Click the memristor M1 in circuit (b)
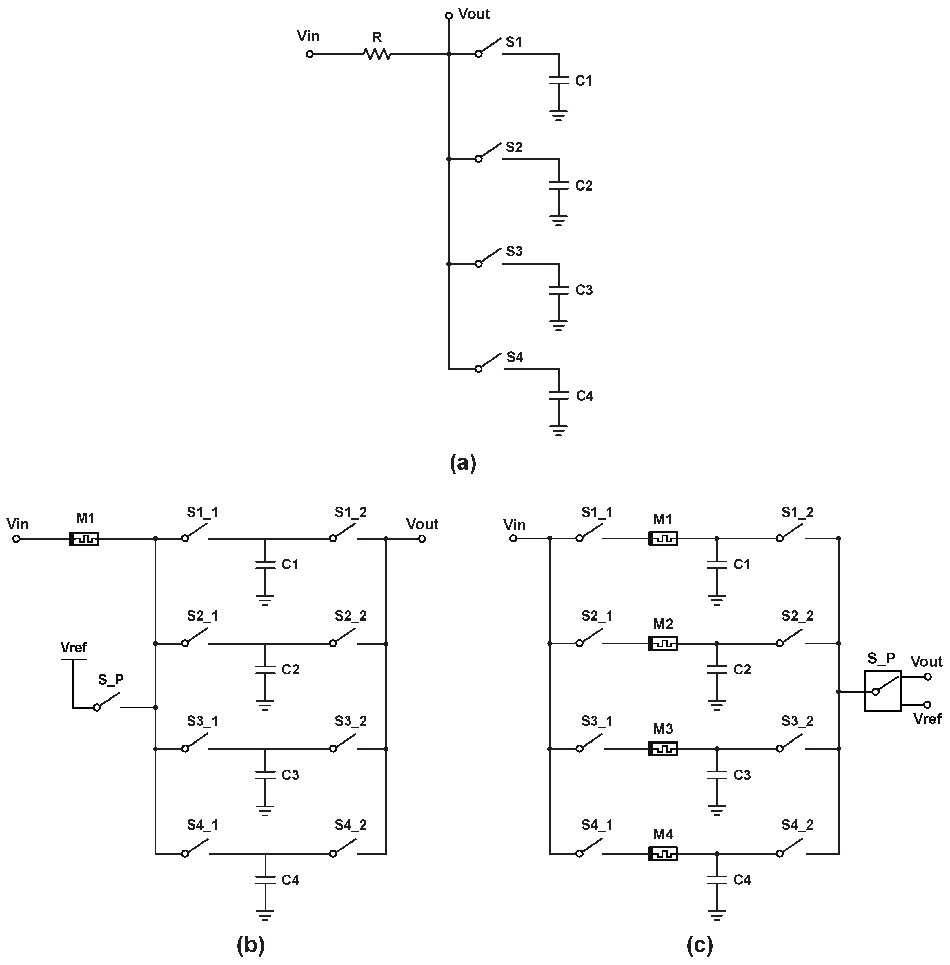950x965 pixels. coord(84,539)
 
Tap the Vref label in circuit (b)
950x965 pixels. coord(73,648)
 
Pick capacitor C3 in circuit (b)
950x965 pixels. coord(265,775)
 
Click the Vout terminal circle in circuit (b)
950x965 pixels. coord(422,539)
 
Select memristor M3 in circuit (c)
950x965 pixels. coord(663,748)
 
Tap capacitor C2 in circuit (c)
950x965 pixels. coord(717,669)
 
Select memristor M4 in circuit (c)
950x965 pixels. coord(663,854)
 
